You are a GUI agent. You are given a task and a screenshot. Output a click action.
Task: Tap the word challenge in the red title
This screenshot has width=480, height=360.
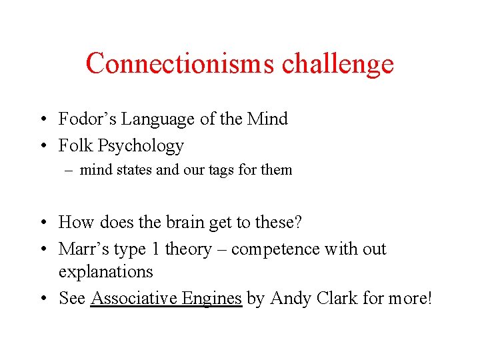(337, 64)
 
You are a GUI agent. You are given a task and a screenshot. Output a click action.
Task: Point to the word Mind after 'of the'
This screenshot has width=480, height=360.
(267, 119)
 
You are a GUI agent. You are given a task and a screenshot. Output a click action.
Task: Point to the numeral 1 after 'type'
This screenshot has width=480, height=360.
(155, 249)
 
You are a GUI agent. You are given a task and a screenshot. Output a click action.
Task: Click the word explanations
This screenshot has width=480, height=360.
(105, 272)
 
